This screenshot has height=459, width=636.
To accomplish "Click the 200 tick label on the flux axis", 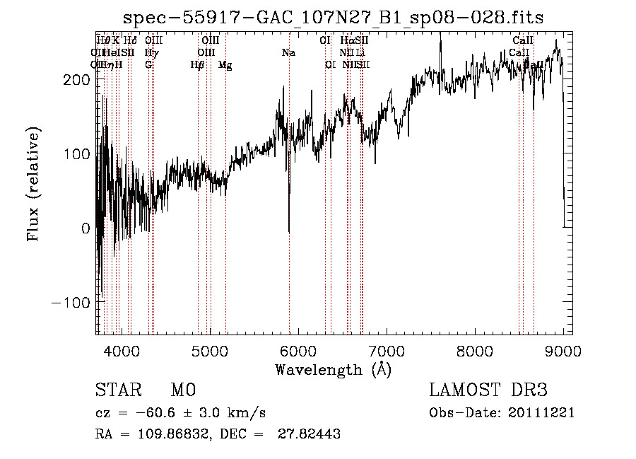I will [x=76, y=80].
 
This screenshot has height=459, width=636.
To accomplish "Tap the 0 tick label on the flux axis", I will [x=85, y=228].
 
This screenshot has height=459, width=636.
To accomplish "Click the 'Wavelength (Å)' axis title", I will [x=333, y=369].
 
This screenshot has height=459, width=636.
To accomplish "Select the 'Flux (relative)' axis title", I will [x=34, y=183].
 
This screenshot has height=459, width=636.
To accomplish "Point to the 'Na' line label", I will [x=288, y=52].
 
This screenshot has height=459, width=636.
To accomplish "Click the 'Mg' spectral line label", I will [x=225, y=65].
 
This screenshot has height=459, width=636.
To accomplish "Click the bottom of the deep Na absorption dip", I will [x=289, y=231].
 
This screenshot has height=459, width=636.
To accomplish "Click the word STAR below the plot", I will [x=117, y=390].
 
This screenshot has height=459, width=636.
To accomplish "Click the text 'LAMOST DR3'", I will [x=488, y=390].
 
